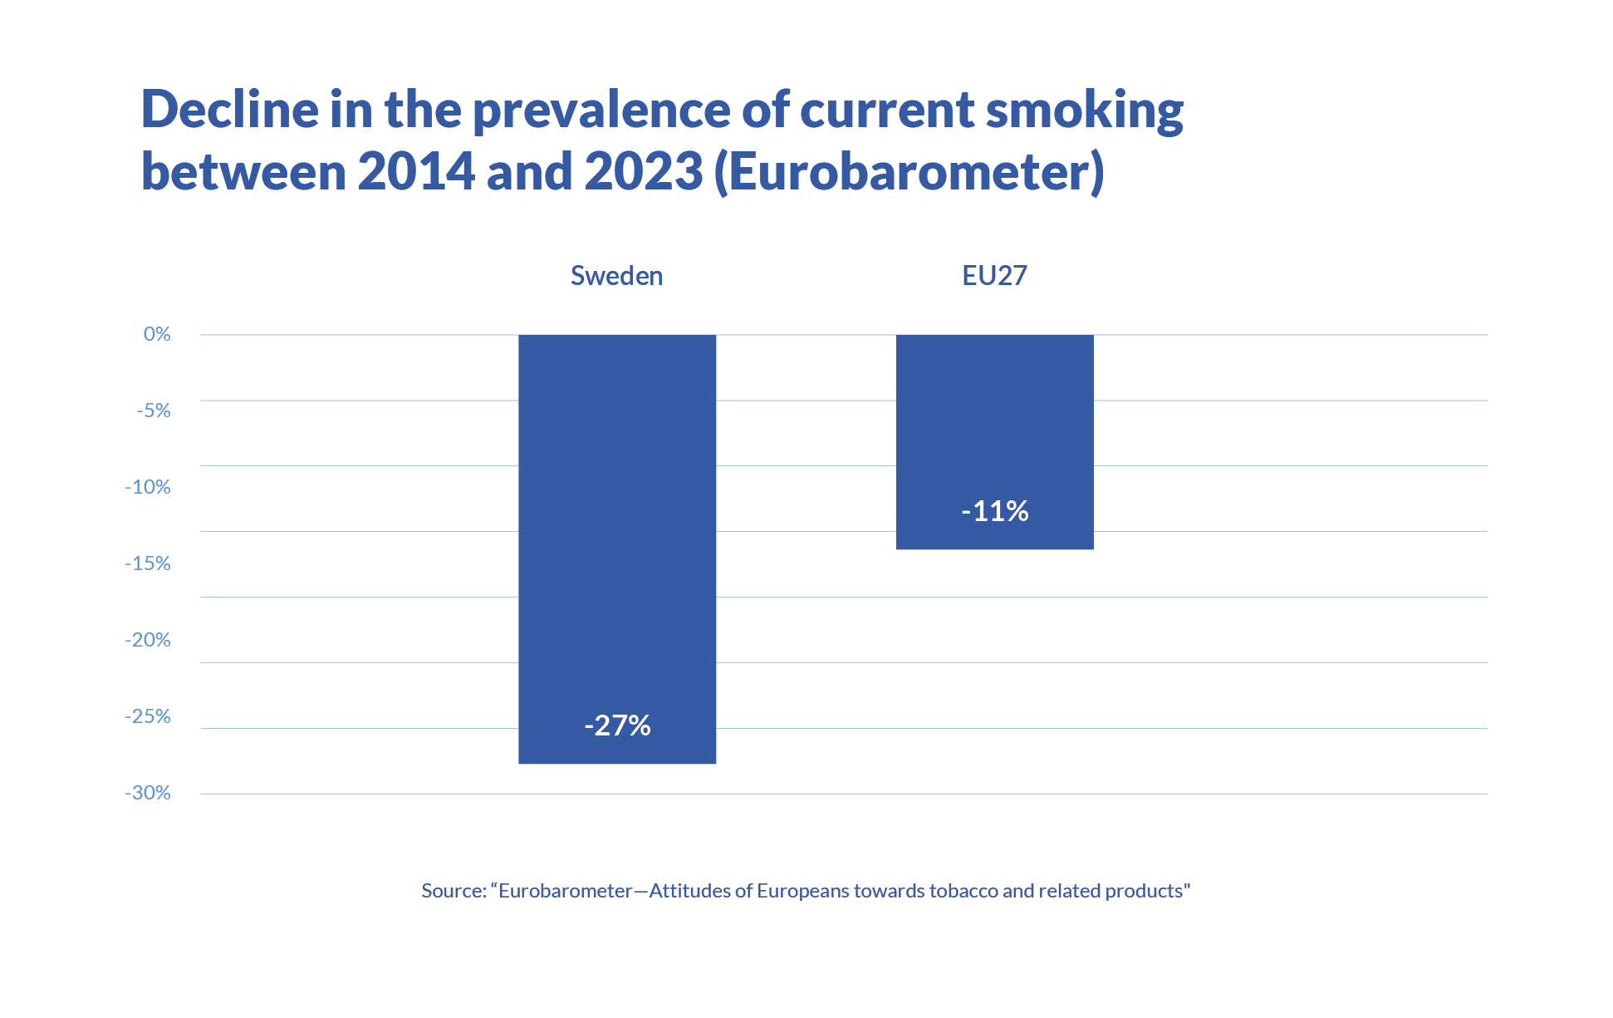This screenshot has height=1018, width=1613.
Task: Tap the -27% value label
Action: (617, 725)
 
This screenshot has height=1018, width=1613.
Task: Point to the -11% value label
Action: (994, 510)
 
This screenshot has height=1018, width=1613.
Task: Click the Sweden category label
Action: (616, 276)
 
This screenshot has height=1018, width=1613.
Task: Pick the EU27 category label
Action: (994, 276)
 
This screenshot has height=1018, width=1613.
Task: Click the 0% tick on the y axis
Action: (157, 334)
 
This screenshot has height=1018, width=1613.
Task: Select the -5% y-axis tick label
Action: (154, 411)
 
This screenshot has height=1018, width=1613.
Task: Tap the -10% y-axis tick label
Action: (148, 487)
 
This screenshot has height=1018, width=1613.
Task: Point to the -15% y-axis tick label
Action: (148, 563)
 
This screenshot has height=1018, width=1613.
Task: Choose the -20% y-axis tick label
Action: (148, 640)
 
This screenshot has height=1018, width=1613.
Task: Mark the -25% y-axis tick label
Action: (148, 716)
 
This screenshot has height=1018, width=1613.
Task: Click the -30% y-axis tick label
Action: (148, 793)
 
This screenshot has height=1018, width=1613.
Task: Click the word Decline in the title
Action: (230, 109)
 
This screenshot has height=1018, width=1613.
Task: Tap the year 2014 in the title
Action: (415, 171)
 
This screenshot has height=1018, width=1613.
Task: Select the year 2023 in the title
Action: (644, 171)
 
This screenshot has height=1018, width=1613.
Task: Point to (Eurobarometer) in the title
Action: (909, 172)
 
